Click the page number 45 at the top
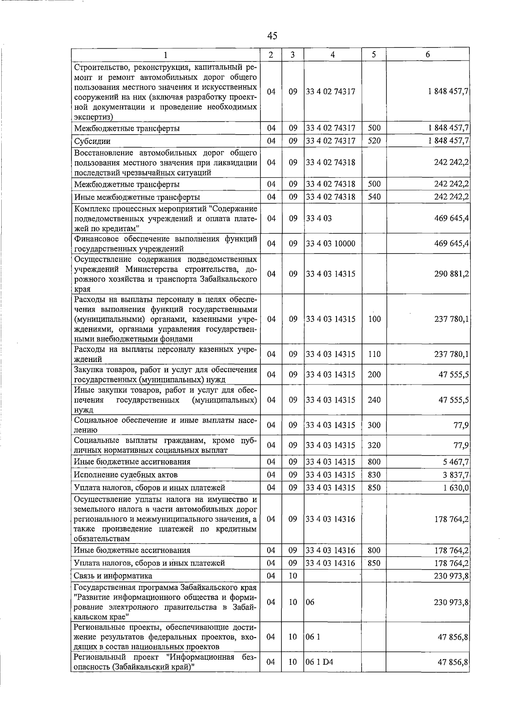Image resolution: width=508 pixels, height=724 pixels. pyautogui.click(x=272, y=36)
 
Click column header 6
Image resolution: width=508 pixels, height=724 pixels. pyautogui.click(x=428, y=55)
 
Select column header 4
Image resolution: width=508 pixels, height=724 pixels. pyautogui.click(x=332, y=55)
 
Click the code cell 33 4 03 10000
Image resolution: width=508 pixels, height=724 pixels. pyautogui.click(x=331, y=243)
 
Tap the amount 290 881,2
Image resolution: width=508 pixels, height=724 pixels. pyautogui.click(x=451, y=274)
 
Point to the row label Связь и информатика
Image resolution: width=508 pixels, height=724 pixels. pyautogui.click(x=113, y=576)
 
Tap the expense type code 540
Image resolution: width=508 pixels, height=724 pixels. pyautogui.click(x=374, y=197)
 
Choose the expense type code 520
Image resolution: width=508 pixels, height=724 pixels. pyautogui.click(x=374, y=141)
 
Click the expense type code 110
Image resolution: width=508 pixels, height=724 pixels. pyautogui.click(x=374, y=354)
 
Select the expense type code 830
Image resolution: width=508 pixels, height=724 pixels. pyautogui.click(x=374, y=475)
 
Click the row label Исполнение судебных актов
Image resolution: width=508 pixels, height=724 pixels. pyautogui.click(x=126, y=475)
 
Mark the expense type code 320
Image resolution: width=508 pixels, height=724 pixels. pyautogui.click(x=374, y=445)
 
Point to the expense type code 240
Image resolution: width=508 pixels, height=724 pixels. pyautogui.click(x=374, y=400)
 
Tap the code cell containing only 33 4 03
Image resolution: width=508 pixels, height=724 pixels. pyautogui.click(x=319, y=218)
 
